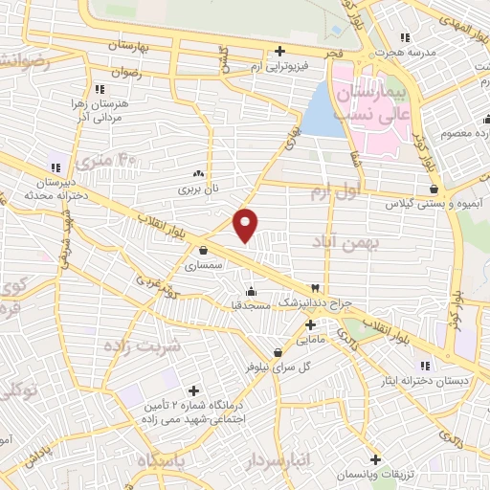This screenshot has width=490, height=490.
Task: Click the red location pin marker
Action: pyautogui.click(x=246, y=223)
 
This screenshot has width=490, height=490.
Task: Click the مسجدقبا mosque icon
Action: pyautogui.click(x=251, y=292)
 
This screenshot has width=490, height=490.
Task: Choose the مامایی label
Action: pyautogui.click(x=311, y=339)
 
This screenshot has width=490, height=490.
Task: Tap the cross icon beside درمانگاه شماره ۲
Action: pyautogui.click(x=194, y=390)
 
